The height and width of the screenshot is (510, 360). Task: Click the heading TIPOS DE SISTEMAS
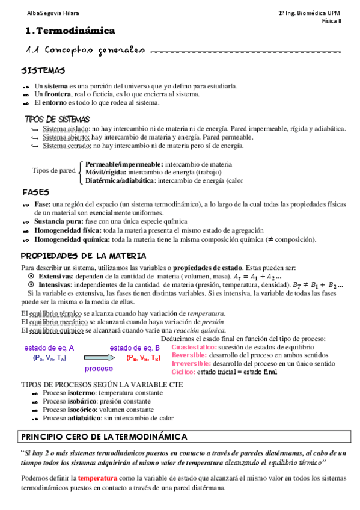56,119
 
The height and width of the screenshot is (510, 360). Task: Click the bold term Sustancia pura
59,221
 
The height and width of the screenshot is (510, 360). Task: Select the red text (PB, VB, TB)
143,357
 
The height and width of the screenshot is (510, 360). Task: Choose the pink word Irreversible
191,364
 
